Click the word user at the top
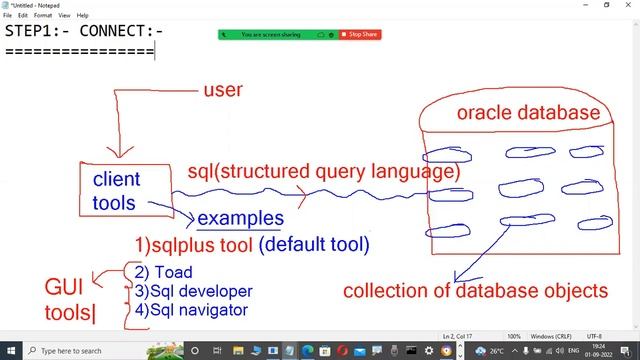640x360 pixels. (x=223, y=91)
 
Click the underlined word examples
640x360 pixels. (x=240, y=218)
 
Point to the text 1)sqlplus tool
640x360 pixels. (x=193, y=243)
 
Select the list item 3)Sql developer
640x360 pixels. (x=193, y=291)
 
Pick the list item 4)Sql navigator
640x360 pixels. (x=190, y=310)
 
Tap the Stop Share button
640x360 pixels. (x=362, y=34)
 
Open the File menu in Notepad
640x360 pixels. (x=8, y=16)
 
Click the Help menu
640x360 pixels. (x=83, y=16)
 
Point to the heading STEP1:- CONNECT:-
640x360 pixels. (x=84, y=30)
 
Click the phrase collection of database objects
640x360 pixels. (x=475, y=292)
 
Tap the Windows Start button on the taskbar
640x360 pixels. (x=9, y=351)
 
